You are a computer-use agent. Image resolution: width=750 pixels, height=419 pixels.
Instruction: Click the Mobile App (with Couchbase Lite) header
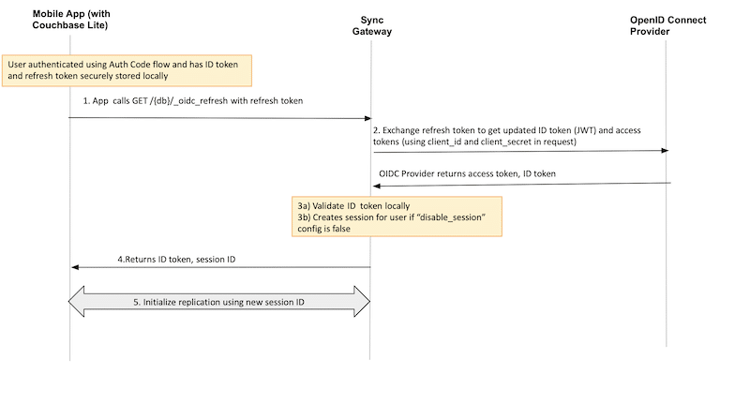(70, 25)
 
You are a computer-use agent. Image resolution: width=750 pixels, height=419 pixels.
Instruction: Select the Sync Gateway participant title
(371, 25)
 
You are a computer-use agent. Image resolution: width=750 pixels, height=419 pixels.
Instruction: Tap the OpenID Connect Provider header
(667, 25)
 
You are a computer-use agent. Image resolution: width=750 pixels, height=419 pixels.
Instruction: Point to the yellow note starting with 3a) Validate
(396, 217)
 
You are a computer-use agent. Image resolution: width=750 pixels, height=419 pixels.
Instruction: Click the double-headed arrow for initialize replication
(219, 302)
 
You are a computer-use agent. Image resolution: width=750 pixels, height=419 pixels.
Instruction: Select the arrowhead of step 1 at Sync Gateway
(367, 118)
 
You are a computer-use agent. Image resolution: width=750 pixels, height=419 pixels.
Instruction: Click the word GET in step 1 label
(152, 99)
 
